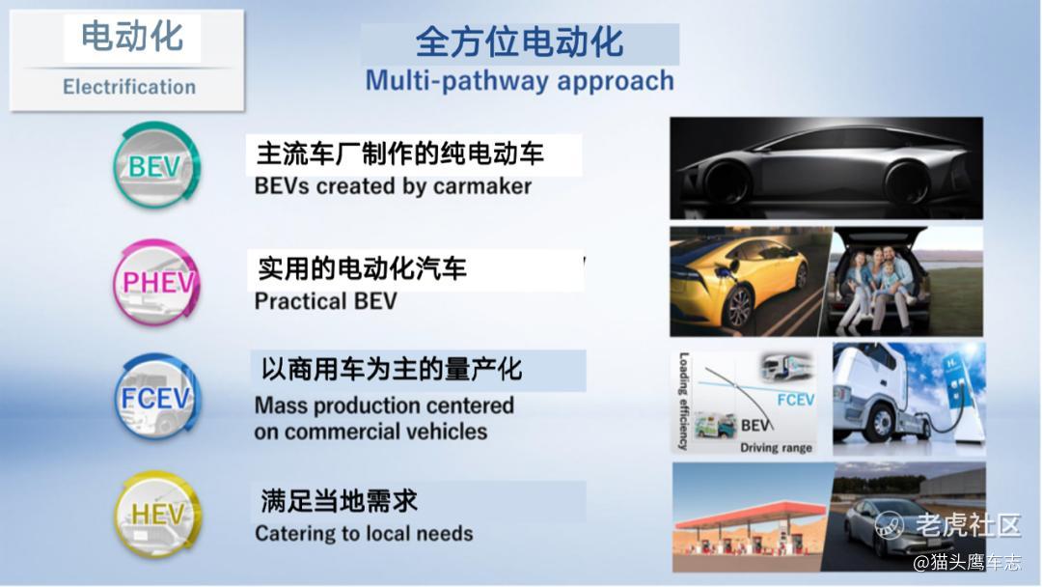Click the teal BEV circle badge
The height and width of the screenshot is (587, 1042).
[x=156, y=165]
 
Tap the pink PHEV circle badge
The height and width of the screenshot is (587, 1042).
[x=157, y=283]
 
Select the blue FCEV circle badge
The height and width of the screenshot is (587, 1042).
[x=157, y=397]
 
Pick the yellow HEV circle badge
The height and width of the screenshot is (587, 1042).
[x=157, y=514]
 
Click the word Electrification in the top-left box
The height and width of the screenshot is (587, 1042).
[x=129, y=87]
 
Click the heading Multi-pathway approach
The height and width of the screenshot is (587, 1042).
[x=520, y=80]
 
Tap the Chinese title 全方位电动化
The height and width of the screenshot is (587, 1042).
[x=520, y=42]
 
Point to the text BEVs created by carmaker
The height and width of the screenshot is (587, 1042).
[x=393, y=186]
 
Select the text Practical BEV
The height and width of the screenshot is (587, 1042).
[x=326, y=301]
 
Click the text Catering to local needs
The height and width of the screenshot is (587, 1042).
[x=364, y=533]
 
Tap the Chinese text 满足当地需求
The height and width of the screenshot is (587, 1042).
[x=339, y=500]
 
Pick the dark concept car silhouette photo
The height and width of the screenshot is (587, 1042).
[x=826, y=168]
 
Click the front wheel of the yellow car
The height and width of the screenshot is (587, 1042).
[x=738, y=306]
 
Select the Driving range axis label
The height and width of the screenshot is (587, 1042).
[x=776, y=447]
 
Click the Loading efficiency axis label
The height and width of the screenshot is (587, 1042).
[x=683, y=401]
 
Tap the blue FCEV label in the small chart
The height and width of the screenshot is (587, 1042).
[x=795, y=400]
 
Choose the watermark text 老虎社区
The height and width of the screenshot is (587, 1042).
[x=968, y=525]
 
